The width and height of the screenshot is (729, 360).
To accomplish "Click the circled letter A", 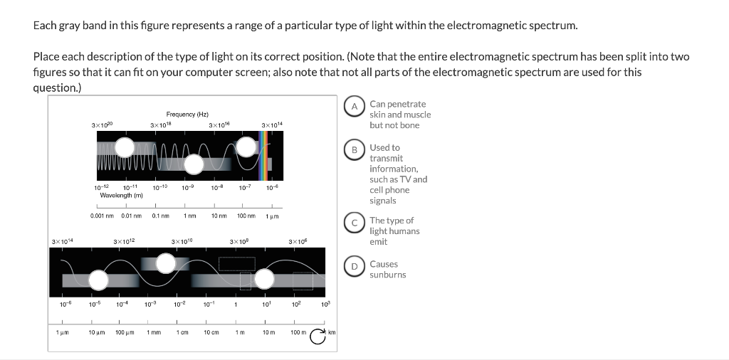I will click(355, 107).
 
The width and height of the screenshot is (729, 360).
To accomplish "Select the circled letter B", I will click(355, 150).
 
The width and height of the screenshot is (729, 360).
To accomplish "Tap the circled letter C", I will click(355, 223).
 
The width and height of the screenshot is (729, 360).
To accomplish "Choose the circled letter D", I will click(355, 267).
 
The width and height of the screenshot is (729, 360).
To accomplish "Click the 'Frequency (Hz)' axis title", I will click(187, 114).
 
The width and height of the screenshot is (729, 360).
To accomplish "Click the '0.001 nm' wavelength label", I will click(103, 216).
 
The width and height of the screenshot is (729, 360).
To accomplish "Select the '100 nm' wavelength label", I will click(246, 216).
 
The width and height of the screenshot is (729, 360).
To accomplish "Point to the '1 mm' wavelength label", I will click(153, 332).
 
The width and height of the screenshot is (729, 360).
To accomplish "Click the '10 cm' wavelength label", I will click(211, 332).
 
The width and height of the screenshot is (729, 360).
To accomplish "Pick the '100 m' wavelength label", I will click(298, 332).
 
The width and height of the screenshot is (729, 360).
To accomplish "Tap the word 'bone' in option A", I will click(410, 125).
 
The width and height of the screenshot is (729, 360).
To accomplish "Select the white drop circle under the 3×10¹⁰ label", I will click(167, 264).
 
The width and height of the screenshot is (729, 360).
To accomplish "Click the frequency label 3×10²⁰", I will click(103, 126).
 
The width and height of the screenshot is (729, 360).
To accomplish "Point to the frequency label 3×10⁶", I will click(298, 242).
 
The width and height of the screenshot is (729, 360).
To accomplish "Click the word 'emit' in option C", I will click(378, 242).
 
